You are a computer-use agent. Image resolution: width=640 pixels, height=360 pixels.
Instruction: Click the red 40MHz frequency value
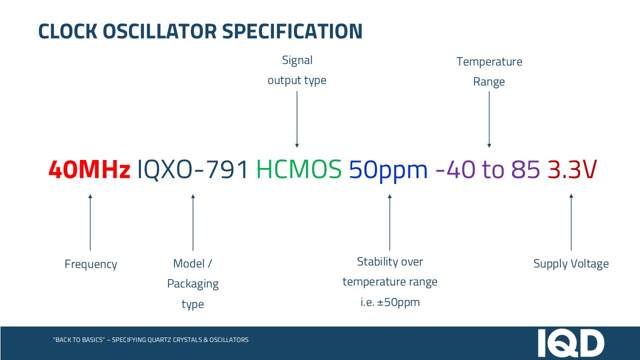[x=89, y=169]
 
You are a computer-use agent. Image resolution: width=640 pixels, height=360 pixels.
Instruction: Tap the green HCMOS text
[x=299, y=169]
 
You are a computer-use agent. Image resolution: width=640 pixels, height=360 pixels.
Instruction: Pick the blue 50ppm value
[x=388, y=171]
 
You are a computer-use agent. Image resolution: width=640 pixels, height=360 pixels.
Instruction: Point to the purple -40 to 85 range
[x=487, y=169]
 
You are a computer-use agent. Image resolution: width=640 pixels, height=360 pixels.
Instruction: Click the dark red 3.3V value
[x=572, y=169]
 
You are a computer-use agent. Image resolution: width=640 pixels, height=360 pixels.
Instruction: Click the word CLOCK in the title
[x=67, y=31]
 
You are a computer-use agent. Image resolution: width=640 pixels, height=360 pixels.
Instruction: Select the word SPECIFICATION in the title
[x=292, y=31]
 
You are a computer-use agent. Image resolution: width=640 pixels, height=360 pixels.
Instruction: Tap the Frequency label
[x=91, y=264]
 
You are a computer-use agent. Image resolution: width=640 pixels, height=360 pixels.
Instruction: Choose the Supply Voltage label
[x=571, y=263]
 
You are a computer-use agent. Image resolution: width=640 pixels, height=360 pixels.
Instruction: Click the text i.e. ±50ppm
[x=390, y=302]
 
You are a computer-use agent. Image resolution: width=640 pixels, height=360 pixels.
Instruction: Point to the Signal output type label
[x=297, y=70]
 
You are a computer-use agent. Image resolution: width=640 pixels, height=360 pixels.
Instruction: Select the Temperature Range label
[x=489, y=71]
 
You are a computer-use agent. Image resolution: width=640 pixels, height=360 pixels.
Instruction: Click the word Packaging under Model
[x=193, y=284]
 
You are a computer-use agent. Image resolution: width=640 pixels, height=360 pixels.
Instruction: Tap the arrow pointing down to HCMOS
[x=297, y=119]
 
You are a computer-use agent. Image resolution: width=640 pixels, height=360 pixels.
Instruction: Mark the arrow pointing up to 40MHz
[x=90, y=222]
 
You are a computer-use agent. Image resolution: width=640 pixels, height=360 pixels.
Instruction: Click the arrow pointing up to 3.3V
[x=571, y=222]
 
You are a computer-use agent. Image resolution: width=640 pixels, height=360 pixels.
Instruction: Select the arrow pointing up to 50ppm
[x=389, y=222]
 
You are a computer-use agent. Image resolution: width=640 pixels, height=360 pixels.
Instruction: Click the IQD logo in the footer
[x=571, y=343]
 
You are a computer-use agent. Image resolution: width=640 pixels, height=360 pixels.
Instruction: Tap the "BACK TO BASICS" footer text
[x=151, y=339]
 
